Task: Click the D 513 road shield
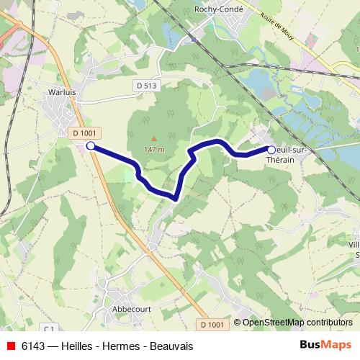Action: point(145,85)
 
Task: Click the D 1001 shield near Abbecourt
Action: point(212,325)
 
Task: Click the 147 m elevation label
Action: point(154,149)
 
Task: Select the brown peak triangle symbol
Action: point(153,138)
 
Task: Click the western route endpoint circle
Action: point(91,146)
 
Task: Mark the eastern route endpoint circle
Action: point(271,150)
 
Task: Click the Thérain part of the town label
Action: point(289,161)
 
